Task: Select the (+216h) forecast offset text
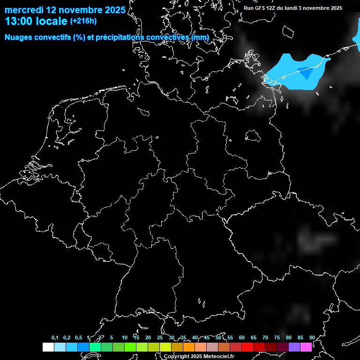(83, 21)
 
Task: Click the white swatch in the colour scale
(48, 347)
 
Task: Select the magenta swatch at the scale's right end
(306, 347)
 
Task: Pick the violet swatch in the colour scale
(294, 347)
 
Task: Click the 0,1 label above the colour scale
(55, 338)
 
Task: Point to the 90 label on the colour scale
(312, 338)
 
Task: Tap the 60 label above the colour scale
(241, 338)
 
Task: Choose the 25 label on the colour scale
(159, 338)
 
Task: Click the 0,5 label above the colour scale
(78, 338)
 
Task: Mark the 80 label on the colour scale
(288, 338)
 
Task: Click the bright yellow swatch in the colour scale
(165, 347)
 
